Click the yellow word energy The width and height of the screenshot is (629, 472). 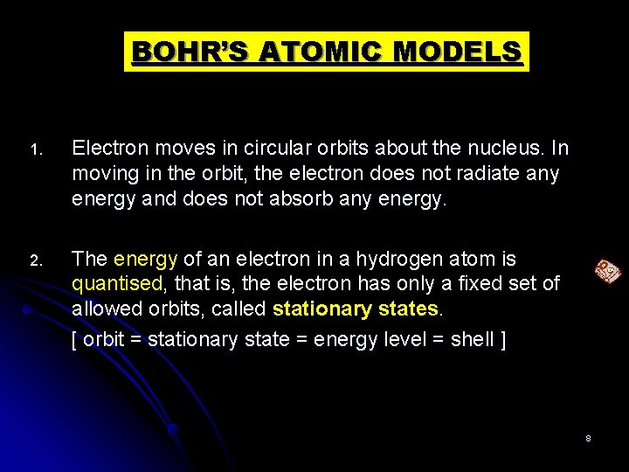(x=144, y=260)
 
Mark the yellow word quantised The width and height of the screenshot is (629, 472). (x=116, y=284)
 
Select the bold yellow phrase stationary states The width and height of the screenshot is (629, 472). (x=357, y=309)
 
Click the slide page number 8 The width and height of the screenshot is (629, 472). (x=588, y=437)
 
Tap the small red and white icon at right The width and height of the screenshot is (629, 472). (x=607, y=273)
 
